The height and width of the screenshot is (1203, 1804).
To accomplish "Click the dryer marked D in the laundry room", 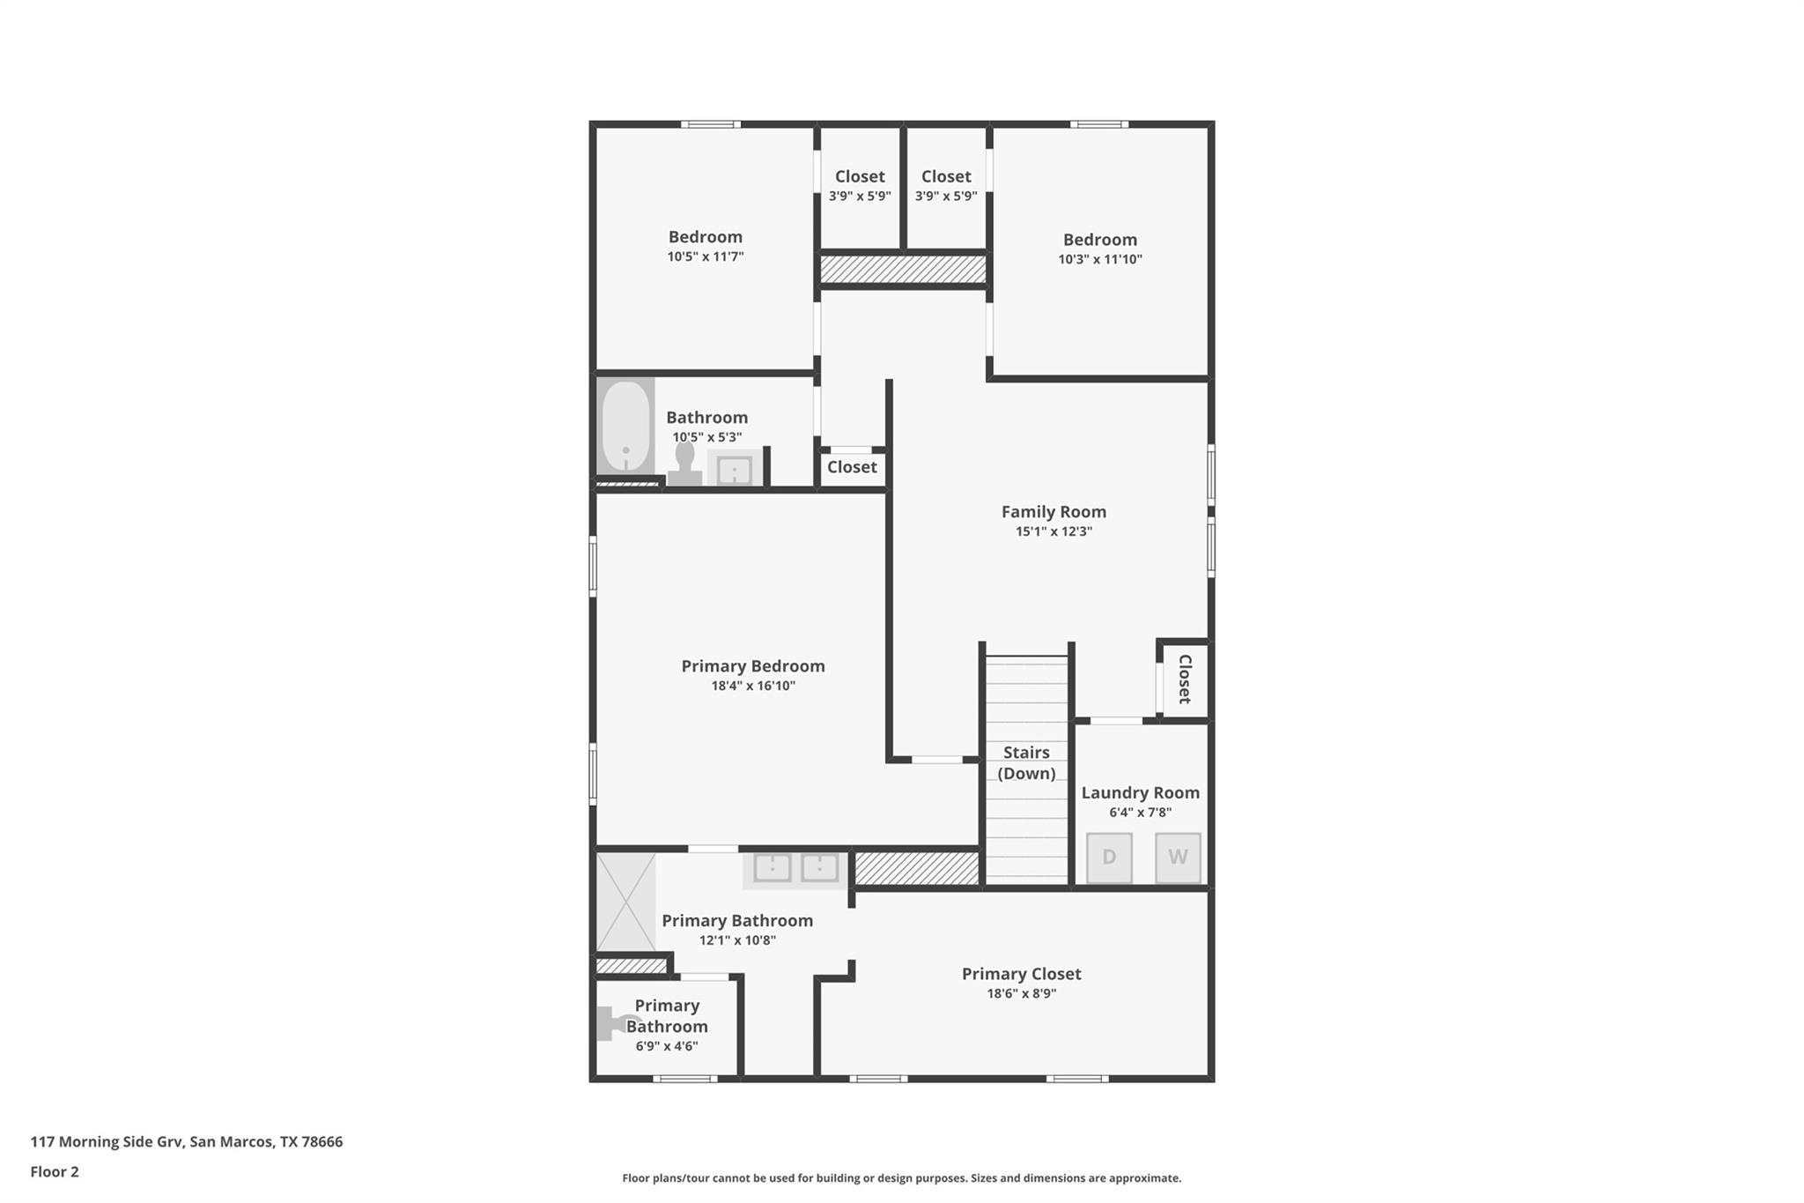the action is coord(1109,858).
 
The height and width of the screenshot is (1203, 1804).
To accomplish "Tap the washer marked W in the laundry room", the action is coord(1178,858).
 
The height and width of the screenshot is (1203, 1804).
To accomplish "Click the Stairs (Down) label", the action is coord(1026,762).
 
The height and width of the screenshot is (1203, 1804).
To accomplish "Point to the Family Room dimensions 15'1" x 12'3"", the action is coord(1054,531).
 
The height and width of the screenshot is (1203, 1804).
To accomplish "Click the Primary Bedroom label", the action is coord(753,666).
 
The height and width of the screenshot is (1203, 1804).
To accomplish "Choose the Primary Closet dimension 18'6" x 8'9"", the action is coord(1021,993).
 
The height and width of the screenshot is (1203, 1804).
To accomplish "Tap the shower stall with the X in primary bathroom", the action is coord(626,902).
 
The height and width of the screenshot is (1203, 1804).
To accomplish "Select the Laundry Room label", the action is coord(1140,793).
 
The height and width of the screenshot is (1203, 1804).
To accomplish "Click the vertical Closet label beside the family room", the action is coord(1185,679).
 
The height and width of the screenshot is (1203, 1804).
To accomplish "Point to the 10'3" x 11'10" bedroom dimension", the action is coord(1100,259).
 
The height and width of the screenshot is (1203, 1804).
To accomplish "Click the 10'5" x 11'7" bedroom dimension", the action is coord(706,256).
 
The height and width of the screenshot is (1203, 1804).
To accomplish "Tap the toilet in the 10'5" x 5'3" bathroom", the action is coord(684,464).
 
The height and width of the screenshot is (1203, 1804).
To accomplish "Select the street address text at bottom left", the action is coord(187,1142).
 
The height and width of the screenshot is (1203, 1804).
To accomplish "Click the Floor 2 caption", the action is coord(55,1171).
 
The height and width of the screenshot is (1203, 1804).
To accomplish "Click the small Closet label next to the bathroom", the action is coord(852,467).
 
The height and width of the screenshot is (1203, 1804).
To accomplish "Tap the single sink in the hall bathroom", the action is coord(735,470).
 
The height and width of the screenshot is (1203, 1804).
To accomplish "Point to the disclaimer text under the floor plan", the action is coord(902,1178).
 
